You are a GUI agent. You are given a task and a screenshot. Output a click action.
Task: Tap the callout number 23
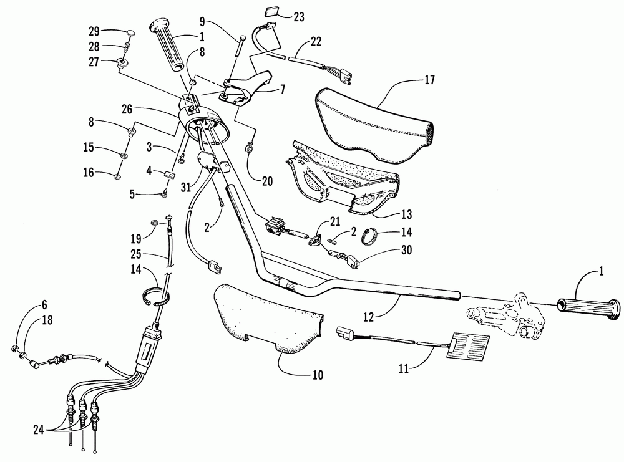pyautogui.click(x=299, y=17)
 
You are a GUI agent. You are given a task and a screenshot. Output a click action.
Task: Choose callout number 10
pyautogui.click(x=318, y=375)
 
